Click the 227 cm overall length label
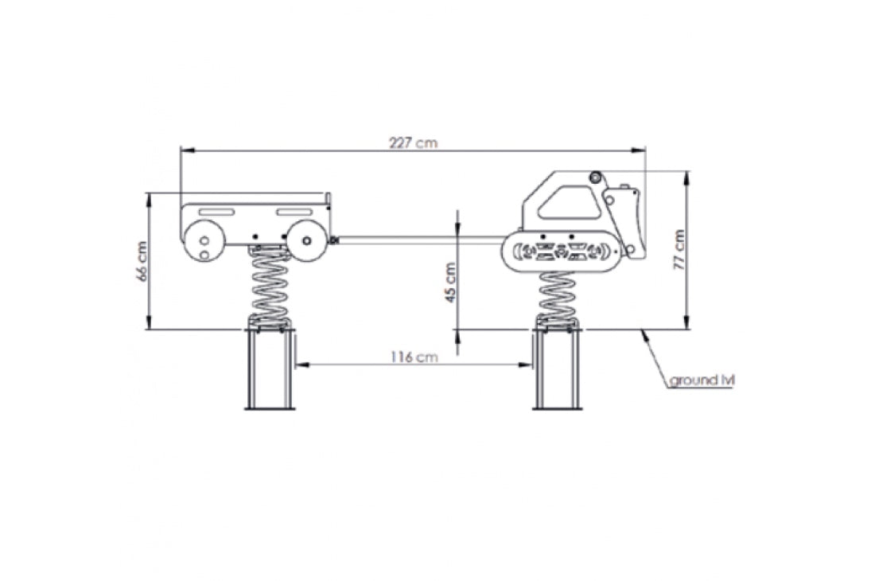(413, 143)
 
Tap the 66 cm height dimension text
(142, 262)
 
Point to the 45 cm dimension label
(450, 283)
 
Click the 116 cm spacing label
(414, 357)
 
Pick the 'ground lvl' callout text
(701, 380)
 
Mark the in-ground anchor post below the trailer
(270, 370)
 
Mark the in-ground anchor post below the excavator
(556, 370)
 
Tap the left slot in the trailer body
(216, 211)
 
